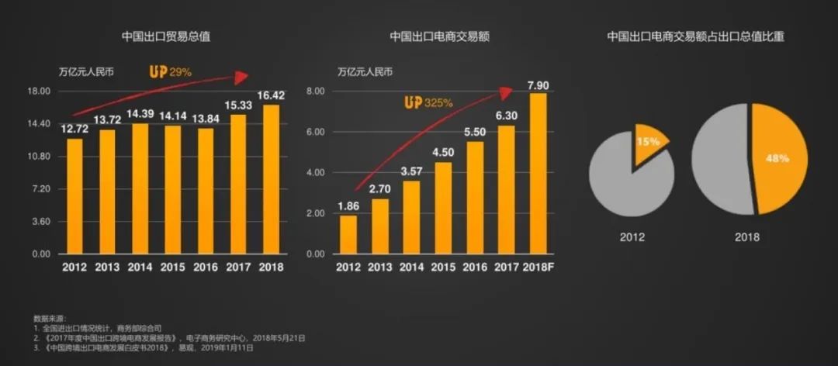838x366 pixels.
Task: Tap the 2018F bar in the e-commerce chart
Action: click(538, 174)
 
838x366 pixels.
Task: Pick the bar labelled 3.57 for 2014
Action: click(411, 217)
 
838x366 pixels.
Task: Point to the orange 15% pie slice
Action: click(648, 142)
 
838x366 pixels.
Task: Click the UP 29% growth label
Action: click(171, 72)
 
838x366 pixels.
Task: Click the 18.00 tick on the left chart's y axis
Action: click(39, 91)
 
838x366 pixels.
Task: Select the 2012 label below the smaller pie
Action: click(632, 237)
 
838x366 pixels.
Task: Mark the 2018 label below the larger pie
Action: click(746, 237)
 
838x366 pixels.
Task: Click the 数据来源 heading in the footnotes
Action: click(50, 318)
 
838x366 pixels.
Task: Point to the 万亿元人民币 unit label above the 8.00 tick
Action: click(365, 73)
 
